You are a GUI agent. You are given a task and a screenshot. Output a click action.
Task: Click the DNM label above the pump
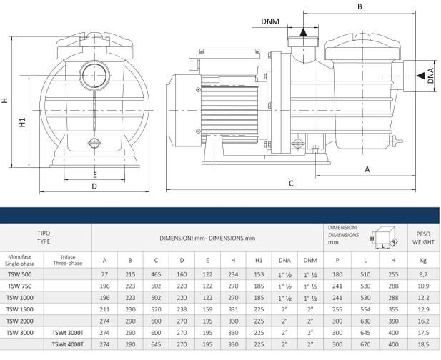point(269,21)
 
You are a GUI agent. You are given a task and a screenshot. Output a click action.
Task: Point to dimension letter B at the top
point(360,7)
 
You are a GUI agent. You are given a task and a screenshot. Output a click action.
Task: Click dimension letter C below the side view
point(291,183)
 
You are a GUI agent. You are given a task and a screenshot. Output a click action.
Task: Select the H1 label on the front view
point(23,122)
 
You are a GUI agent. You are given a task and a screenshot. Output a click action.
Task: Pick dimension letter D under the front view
point(94,187)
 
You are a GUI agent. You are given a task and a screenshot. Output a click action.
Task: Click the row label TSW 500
point(19,274)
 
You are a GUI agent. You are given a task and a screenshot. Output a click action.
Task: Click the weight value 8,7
point(422,274)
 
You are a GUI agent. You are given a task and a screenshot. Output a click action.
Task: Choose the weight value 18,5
point(422,344)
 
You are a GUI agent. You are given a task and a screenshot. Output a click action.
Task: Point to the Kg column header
point(422,260)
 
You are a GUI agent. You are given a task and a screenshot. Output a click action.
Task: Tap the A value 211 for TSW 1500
point(105,309)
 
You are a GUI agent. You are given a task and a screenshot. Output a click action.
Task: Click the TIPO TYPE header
point(44,237)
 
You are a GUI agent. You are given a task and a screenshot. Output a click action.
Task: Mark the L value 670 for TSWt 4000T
point(365,344)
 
